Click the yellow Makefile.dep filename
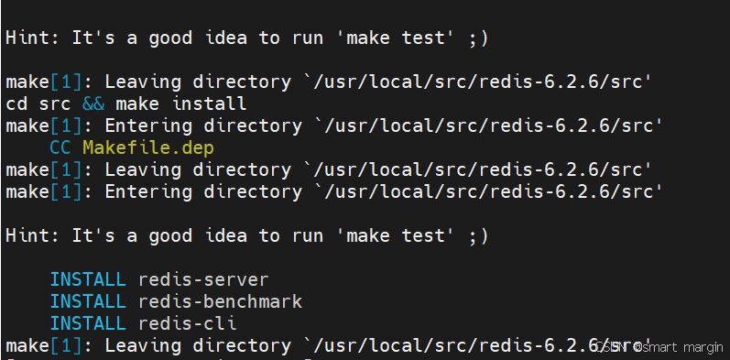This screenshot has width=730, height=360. tap(148, 148)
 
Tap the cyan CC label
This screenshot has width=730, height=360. tap(60, 148)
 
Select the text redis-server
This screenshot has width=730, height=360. tap(203, 279)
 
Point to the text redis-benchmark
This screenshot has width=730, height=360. tap(220, 301)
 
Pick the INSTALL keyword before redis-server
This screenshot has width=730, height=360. tap(88, 279)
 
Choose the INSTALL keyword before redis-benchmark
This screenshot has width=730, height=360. tap(88, 301)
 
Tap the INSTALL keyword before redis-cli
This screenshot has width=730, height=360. tap(88, 323)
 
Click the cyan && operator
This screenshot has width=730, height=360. tap(93, 104)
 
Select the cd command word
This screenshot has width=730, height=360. tap(16, 104)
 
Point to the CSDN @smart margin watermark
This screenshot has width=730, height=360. tap(658, 346)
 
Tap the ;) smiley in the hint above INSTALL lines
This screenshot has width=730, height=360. tap(479, 235)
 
